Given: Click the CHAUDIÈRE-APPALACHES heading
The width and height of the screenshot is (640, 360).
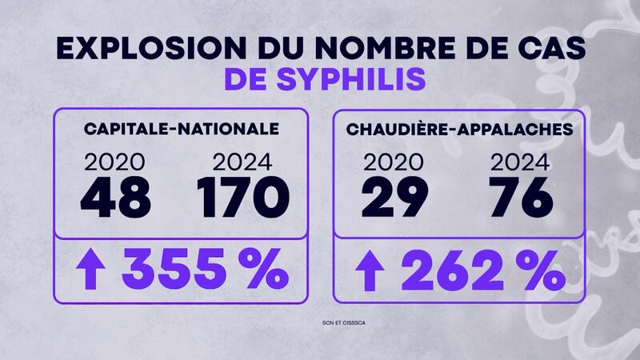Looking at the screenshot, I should click(x=449, y=130).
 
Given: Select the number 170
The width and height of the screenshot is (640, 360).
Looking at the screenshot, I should click(x=241, y=197).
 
